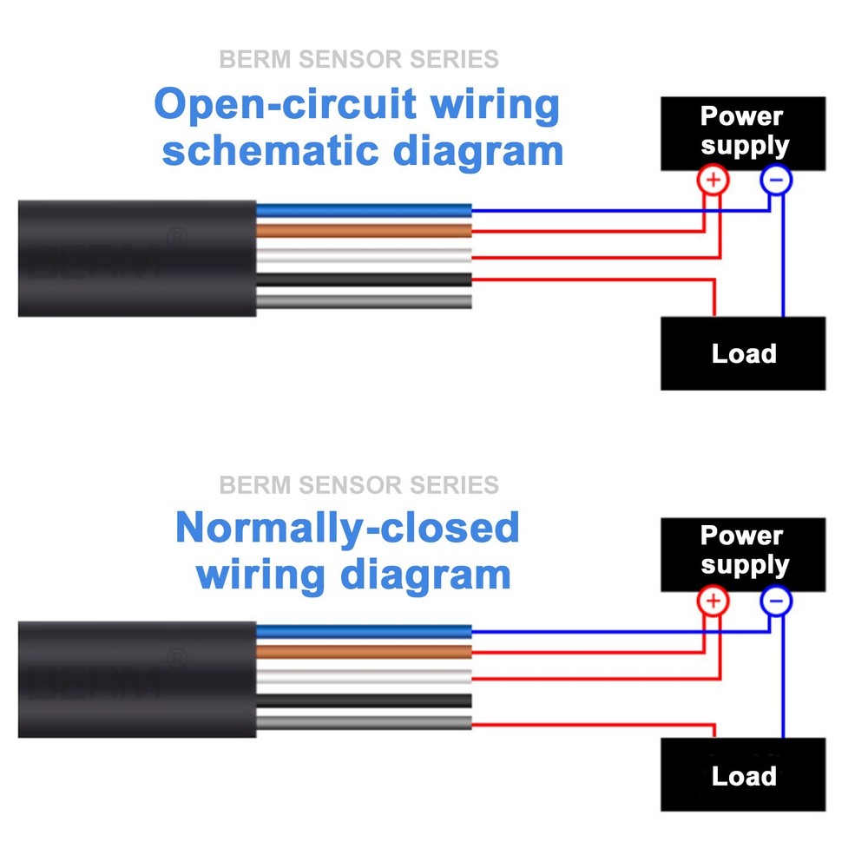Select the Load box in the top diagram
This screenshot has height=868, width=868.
[x=743, y=353]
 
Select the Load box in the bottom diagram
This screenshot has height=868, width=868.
[x=743, y=774]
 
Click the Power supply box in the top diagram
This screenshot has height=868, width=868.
[x=743, y=132]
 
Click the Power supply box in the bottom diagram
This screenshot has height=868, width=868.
[x=743, y=552]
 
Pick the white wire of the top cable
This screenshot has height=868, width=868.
[x=365, y=255]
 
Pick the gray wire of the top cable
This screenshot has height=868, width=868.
[x=365, y=300]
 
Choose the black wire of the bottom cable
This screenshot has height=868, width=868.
[x=365, y=700]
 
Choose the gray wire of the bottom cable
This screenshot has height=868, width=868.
[x=365, y=722]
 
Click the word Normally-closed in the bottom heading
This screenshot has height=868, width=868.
[x=347, y=528]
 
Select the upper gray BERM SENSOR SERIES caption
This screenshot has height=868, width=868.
[x=358, y=60]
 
